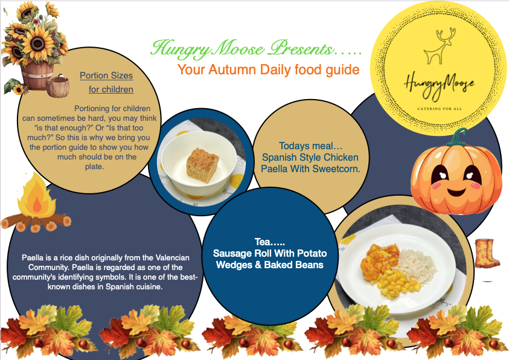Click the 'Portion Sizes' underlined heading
click(106, 76)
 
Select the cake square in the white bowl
click(202, 166)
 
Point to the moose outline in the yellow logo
click(439, 46)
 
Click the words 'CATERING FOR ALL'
click(439, 109)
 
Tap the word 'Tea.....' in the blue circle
click(270, 242)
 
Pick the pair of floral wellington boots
click(487, 254)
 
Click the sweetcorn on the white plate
click(399, 283)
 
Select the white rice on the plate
click(415, 262)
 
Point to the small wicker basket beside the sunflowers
click(58, 85)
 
